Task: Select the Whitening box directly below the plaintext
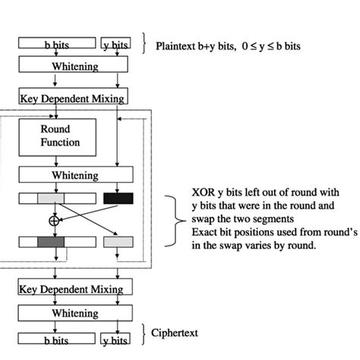pos(75,66)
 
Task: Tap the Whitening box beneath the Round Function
pos(75,175)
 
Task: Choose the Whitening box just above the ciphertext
pos(75,313)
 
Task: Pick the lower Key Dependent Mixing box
pos(75,287)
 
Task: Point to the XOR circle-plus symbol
pos(53,220)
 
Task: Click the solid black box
pos(118,198)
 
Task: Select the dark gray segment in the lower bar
pos(51,243)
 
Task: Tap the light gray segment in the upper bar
pos(51,198)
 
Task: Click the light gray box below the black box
pos(118,243)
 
